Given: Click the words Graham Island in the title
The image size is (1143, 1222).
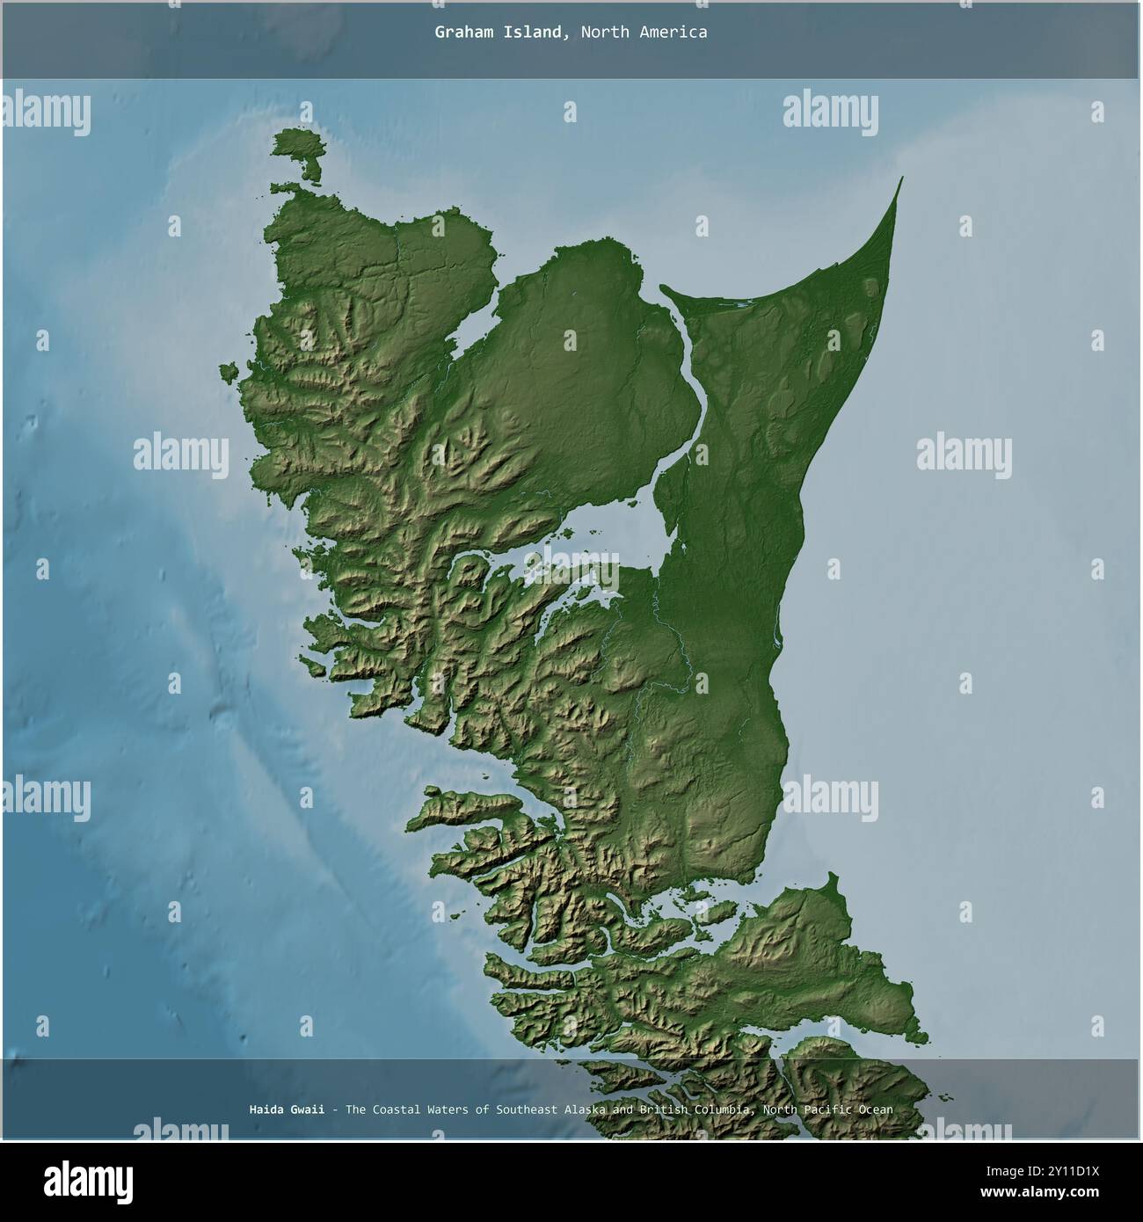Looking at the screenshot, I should click(x=499, y=33).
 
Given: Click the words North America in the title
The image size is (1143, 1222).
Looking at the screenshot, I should click(x=644, y=33).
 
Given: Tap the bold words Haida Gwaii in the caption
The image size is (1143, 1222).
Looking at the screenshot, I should click(x=286, y=1109).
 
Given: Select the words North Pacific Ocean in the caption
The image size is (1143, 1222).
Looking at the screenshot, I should click(x=828, y=1109).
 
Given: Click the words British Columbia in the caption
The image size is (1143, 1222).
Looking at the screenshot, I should click(x=694, y=1109).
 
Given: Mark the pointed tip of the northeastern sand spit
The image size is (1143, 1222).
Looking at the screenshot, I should click(x=901, y=178).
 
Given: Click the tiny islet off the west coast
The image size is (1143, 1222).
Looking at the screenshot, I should click(x=230, y=373).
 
